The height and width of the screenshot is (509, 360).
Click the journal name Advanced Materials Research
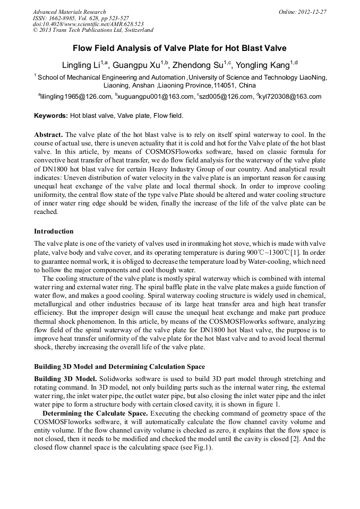point(69,12)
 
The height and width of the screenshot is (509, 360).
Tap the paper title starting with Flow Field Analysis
point(179,48)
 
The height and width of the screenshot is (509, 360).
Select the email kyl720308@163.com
point(290,97)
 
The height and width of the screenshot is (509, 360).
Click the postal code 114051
point(225,85)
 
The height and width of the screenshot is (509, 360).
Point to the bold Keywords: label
point(51,115)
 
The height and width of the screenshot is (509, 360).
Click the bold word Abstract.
point(48,135)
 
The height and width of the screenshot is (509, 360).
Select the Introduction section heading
point(54,231)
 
